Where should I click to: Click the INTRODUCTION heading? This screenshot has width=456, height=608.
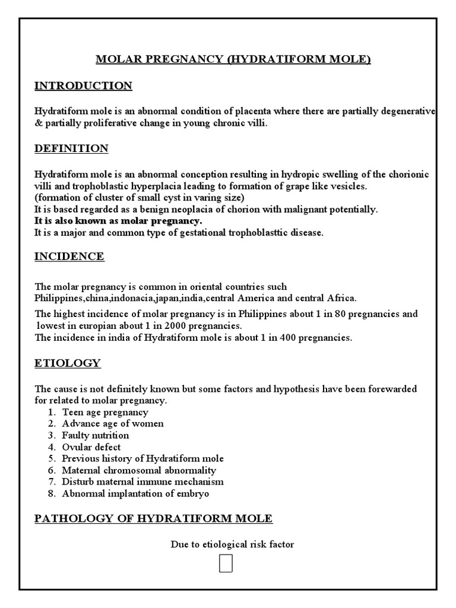pyautogui.click(x=83, y=86)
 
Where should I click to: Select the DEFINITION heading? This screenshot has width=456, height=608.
pyautogui.click(x=71, y=148)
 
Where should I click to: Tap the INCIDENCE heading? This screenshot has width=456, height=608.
pyautogui.click(x=69, y=256)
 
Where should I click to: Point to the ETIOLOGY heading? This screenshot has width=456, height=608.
pyautogui.click(x=67, y=363)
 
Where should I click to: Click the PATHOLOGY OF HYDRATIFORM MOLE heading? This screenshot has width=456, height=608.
pyautogui.click(x=153, y=518)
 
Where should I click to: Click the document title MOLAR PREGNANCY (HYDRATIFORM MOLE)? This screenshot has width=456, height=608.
pyautogui.click(x=233, y=59)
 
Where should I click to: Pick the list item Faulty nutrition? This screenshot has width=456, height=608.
pyautogui.click(x=95, y=435)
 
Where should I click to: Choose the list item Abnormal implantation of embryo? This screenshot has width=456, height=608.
pyautogui.click(x=135, y=493)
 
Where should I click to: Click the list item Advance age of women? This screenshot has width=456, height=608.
pyautogui.click(x=113, y=424)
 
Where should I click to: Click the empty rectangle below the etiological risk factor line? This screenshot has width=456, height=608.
pyautogui.click(x=226, y=563)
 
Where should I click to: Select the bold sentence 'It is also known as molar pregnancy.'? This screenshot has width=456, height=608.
pyautogui.click(x=118, y=221)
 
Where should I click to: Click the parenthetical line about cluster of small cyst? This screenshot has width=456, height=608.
pyautogui.click(x=139, y=198)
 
